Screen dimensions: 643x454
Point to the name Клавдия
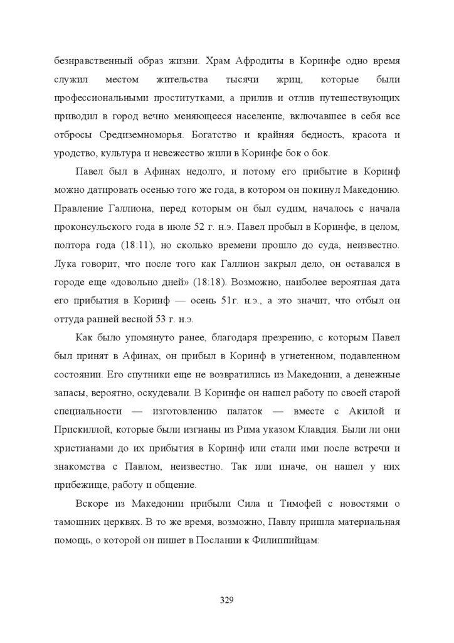click(x=316, y=430)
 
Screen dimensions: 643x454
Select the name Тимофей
click(x=296, y=502)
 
